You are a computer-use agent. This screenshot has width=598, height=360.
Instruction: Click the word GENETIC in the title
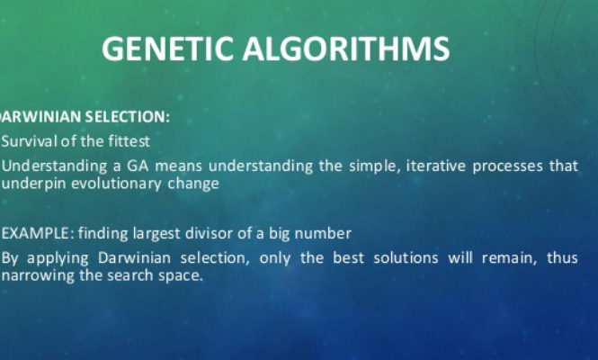click(x=167, y=49)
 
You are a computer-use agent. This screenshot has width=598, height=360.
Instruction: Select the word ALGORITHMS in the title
click(x=346, y=49)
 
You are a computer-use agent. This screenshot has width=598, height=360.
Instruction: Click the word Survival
click(x=30, y=141)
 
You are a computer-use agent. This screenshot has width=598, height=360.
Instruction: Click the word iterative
click(x=436, y=166)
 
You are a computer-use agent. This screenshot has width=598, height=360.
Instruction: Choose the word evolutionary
click(x=116, y=184)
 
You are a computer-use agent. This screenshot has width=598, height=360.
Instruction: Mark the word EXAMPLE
click(x=35, y=233)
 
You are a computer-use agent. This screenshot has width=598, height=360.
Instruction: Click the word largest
click(x=156, y=234)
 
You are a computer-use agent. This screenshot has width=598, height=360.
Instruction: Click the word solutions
click(x=406, y=257)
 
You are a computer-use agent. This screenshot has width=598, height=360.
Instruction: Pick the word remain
click(x=509, y=258)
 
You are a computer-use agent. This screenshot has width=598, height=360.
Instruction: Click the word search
click(x=130, y=275)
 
